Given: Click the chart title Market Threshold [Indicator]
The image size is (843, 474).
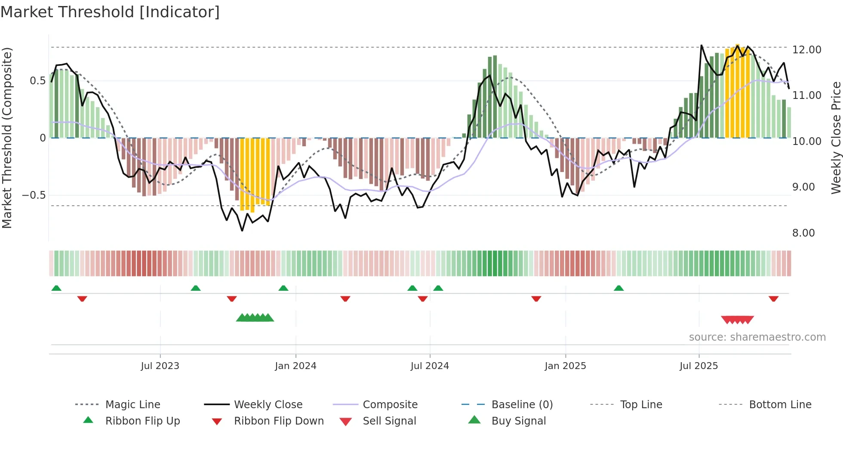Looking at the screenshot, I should (x=110, y=12).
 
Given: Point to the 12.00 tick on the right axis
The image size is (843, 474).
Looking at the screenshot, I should (x=806, y=50).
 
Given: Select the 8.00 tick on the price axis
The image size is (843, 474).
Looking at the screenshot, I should (x=803, y=233).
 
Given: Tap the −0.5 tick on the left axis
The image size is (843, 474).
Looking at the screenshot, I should (x=34, y=195).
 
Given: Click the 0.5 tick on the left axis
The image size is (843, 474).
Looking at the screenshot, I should (x=37, y=81).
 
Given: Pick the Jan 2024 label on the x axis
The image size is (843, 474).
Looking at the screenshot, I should (x=295, y=366).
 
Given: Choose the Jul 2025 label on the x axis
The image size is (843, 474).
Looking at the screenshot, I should (x=698, y=366).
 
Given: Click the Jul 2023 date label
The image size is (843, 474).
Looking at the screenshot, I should (x=160, y=366).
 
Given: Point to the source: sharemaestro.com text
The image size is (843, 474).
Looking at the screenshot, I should (x=757, y=337).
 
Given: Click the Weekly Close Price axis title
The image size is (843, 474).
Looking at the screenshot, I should (x=836, y=138).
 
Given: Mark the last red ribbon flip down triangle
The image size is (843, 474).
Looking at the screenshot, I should (x=773, y=299).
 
